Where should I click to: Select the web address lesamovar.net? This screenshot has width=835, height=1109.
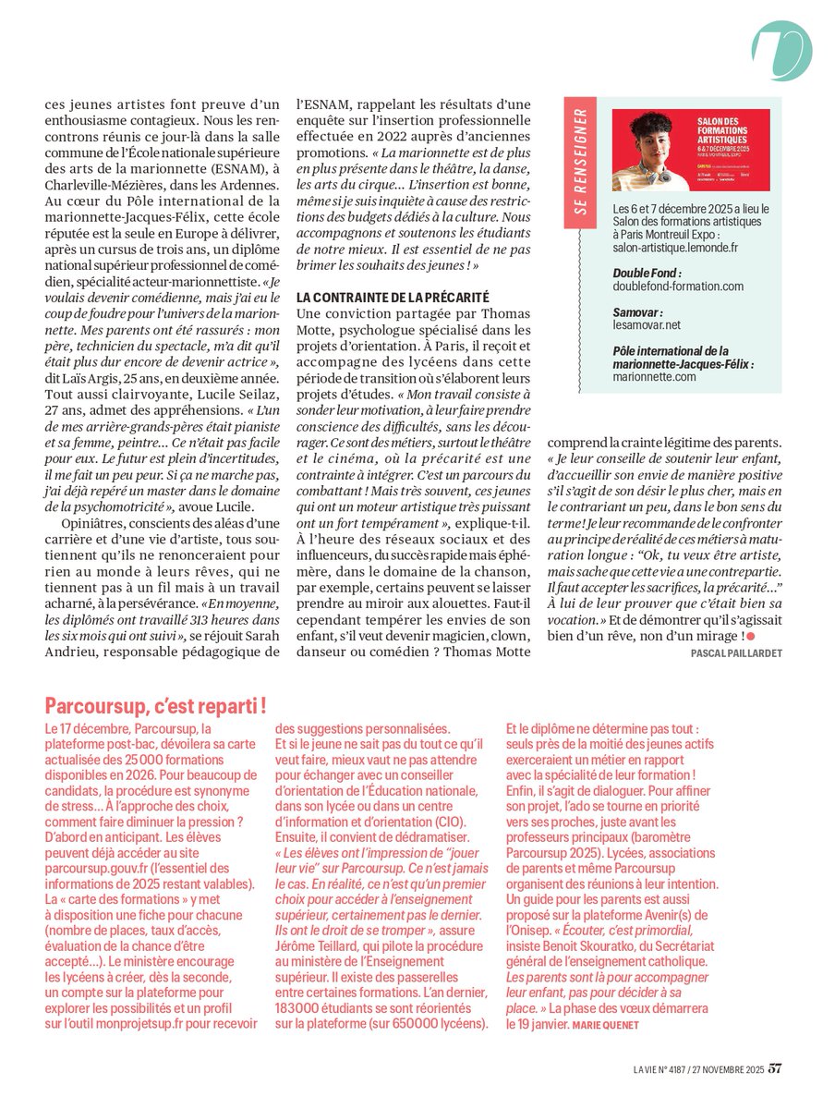click(x=647, y=325)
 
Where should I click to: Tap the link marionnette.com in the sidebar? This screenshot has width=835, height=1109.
click(x=654, y=376)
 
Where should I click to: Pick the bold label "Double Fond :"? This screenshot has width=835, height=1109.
click(x=647, y=274)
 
